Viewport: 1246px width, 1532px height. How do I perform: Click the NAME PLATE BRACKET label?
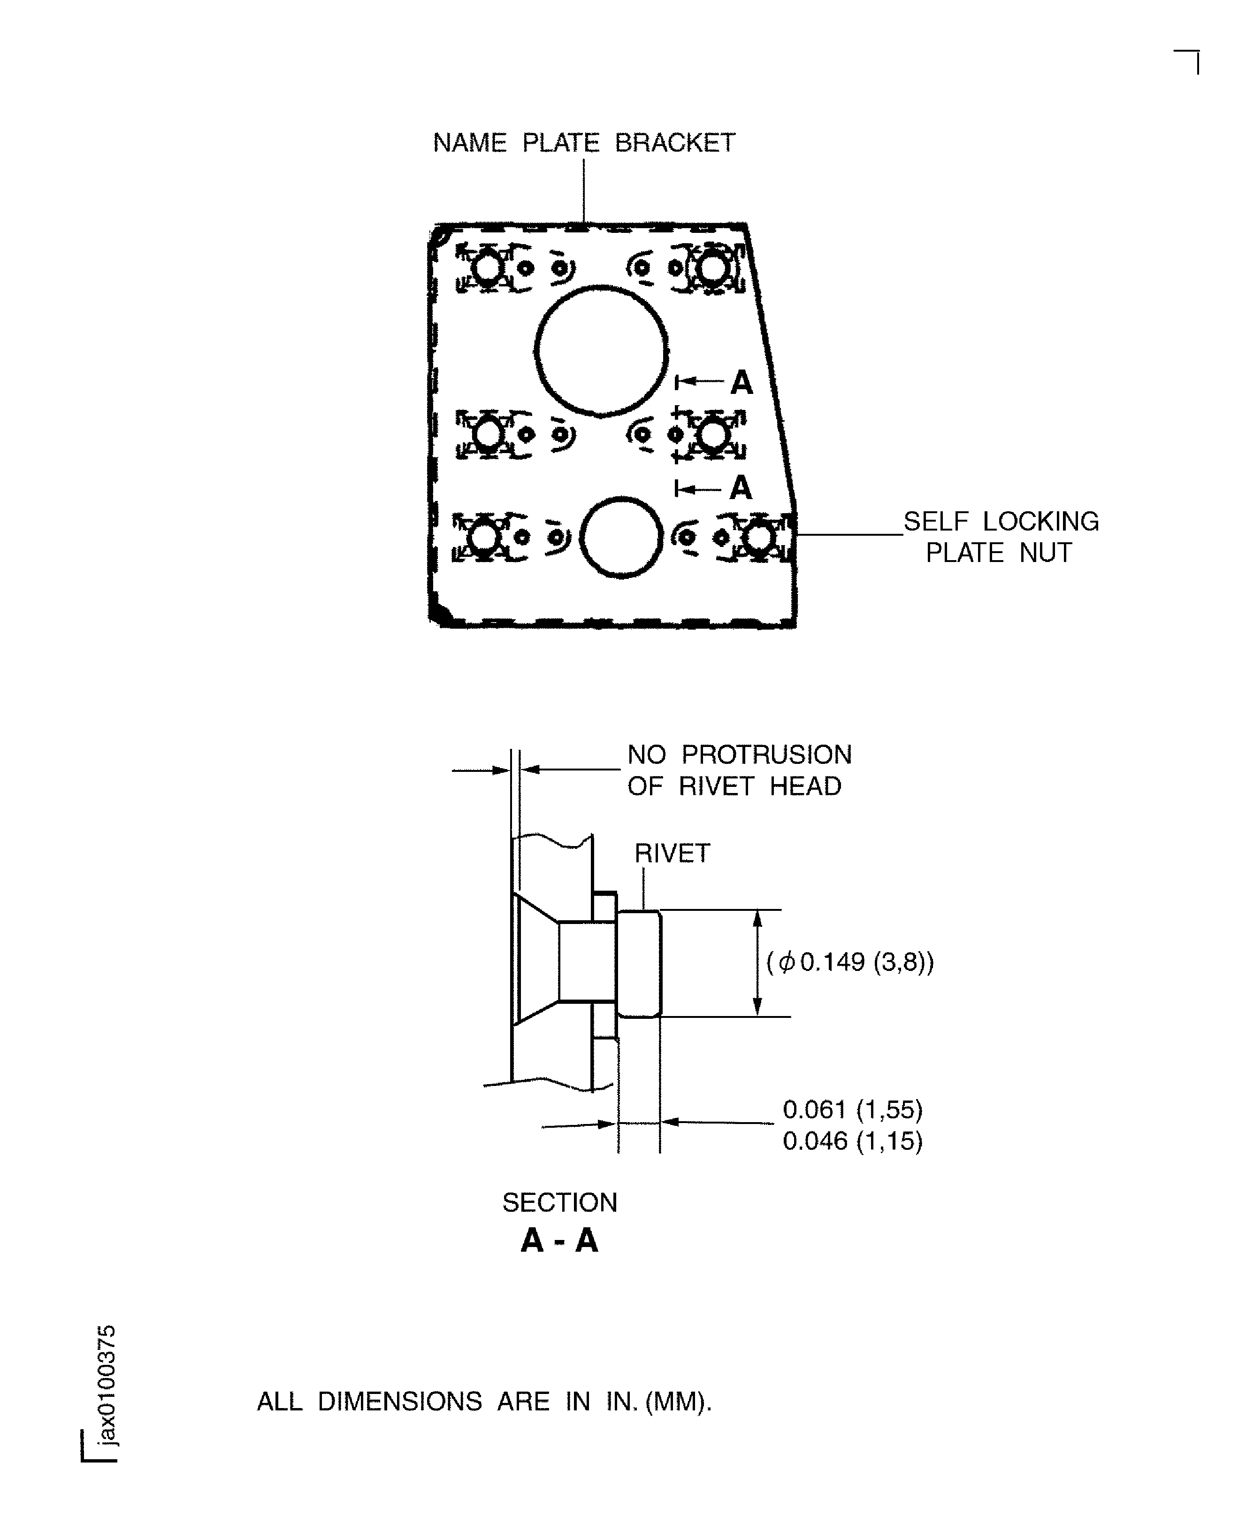(x=583, y=143)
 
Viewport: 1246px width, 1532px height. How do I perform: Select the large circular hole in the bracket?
(x=602, y=350)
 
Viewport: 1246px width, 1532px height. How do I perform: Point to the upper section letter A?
(x=741, y=383)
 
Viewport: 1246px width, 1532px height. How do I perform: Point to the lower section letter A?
(x=741, y=488)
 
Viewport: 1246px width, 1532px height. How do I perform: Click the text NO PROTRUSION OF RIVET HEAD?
(x=739, y=770)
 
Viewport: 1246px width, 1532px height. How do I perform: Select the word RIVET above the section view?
(x=672, y=854)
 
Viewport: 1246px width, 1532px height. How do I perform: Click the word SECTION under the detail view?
(x=559, y=1202)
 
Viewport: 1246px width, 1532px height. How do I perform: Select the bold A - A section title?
(x=559, y=1240)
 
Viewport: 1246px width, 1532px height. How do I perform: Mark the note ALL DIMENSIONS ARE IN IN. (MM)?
(x=484, y=1401)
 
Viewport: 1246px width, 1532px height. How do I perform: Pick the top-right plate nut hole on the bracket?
(x=711, y=269)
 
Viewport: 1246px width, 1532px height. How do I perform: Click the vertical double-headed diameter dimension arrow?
(x=757, y=962)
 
